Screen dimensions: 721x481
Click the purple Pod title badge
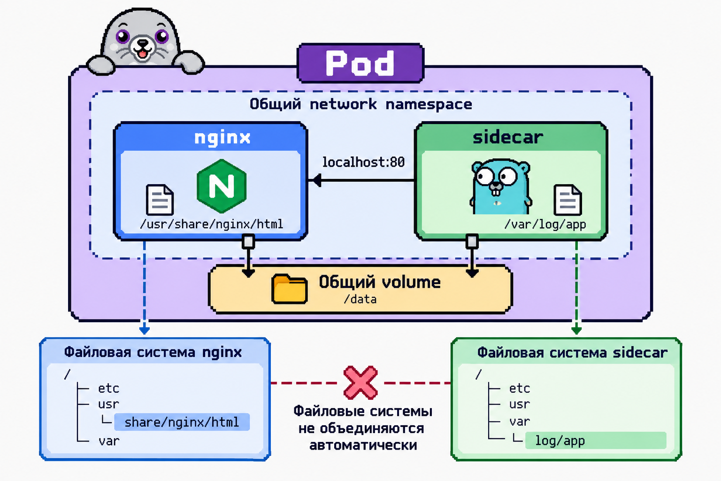click(x=360, y=63)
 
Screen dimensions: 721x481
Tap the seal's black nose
click(x=142, y=43)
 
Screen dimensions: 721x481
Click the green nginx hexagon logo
click(x=222, y=186)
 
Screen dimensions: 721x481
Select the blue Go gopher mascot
click(x=500, y=186)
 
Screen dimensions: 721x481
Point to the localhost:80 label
click(x=363, y=162)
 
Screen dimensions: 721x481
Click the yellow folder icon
click(x=289, y=289)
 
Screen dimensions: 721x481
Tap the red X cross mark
click(x=360, y=383)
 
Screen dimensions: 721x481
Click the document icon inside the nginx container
click(x=160, y=200)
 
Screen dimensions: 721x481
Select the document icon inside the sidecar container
click(x=568, y=200)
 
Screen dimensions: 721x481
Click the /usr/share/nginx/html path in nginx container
click(x=212, y=224)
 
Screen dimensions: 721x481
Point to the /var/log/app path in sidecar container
click(x=545, y=224)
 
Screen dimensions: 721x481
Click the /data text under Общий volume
click(x=360, y=299)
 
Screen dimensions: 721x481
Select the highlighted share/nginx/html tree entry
click(x=182, y=422)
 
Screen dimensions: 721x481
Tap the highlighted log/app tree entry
click(x=596, y=441)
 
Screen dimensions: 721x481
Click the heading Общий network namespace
click(x=361, y=104)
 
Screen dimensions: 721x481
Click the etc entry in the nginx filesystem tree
click(x=108, y=388)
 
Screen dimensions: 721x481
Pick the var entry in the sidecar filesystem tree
click(x=519, y=421)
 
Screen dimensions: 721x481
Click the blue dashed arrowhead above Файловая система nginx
click(x=144, y=330)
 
